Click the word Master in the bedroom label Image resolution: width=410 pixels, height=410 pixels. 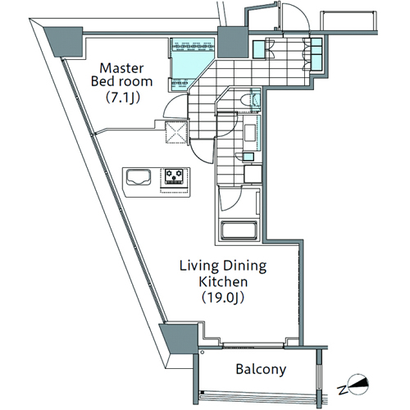point(121,68)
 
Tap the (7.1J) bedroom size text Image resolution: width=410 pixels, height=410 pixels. point(123,98)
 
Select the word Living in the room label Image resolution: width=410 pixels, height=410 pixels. point(199,266)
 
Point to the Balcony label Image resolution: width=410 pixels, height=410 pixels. point(261,369)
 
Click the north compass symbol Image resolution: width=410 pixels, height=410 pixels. point(354,385)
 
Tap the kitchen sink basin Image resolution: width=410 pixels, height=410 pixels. point(139,177)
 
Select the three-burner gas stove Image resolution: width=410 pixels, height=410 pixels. point(174,176)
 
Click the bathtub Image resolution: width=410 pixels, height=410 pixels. point(239,231)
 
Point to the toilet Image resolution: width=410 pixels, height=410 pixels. point(249,100)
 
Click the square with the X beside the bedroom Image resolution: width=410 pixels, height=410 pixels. point(176,132)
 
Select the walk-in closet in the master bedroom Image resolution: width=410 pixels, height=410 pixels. point(192,64)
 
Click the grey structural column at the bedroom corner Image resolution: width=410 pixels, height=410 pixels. point(65,42)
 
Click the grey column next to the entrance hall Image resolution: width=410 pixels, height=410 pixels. point(232,42)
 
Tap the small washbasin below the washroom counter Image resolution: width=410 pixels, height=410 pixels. point(248,157)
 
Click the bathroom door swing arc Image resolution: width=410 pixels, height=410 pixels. point(232,199)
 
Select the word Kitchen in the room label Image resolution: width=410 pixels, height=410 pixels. point(223,281)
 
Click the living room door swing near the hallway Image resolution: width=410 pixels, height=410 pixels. point(201,152)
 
